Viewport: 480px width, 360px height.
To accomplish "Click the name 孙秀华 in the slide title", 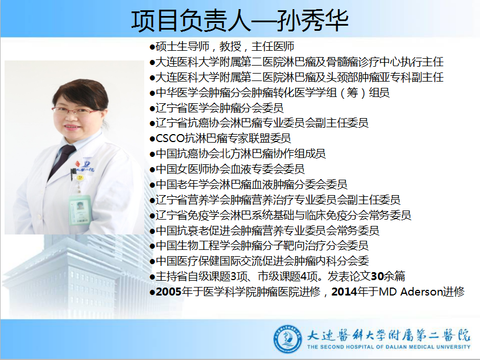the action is click(312, 21).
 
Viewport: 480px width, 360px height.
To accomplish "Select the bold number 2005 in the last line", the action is click(169, 292).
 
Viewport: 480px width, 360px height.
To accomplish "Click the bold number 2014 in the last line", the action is click(344, 292).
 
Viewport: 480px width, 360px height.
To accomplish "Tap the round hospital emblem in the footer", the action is click(287, 339).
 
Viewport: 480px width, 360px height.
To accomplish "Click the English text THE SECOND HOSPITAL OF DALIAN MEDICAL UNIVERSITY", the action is click(388, 347).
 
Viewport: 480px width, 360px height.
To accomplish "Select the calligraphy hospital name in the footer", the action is click(388, 335).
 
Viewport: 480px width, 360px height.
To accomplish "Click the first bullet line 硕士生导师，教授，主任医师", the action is click(225, 47).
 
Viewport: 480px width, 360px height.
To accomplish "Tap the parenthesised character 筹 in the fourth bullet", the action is click(352, 92).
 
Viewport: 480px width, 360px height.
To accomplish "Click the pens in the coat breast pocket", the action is click(73, 174).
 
